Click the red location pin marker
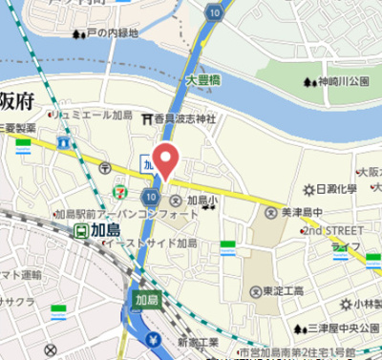pyautogui.click(x=166, y=159)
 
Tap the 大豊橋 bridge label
pyautogui.click(x=204, y=81)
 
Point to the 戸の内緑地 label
pyautogui.click(x=112, y=32)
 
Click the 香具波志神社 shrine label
pyautogui.click(x=185, y=118)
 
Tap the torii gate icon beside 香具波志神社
pyautogui.click(x=147, y=118)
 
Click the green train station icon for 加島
pyautogui.click(x=83, y=229)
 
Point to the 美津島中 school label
pyautogui.click(x=303, y=211)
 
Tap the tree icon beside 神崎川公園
pyautogui.click(x=308, y=81)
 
